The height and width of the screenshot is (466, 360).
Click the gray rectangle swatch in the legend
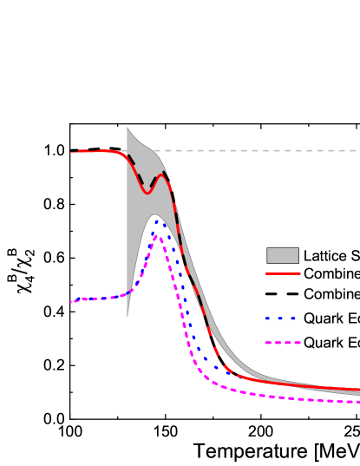click(283, 255)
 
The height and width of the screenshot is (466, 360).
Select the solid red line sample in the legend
click(283, 273)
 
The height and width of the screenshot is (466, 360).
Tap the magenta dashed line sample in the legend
click(283, 343)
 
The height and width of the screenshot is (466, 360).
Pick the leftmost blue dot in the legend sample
click(268, 318)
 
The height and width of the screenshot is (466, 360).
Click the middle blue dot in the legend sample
click(281, 318)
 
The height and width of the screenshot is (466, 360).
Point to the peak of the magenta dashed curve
click(159, 235)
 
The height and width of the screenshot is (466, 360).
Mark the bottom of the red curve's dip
click(146, 192)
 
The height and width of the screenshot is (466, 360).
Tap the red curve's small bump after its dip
click(160, 175)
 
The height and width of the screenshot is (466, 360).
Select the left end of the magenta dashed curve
click(71, 302)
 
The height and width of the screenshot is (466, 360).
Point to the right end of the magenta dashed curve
click(358, 402)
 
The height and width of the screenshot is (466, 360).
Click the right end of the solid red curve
click(358, 390)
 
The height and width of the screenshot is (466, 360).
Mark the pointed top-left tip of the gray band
click(128, 128)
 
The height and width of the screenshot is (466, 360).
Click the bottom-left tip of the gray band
click(128, 315)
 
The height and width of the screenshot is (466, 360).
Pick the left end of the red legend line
click(267, 273)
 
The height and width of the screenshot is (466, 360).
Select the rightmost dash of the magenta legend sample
click(296, 343)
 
